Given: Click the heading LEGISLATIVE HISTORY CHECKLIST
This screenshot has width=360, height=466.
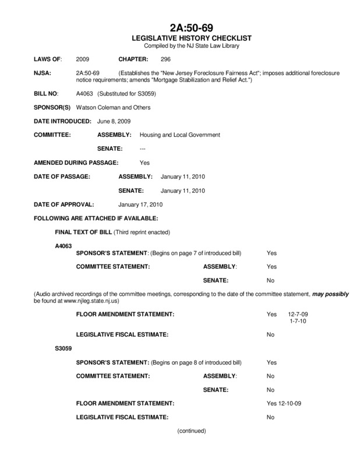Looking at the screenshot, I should pyautogui.click(x=179, y=38).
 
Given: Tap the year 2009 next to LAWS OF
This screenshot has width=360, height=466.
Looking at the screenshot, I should pyautogui.click(x=83, y=59).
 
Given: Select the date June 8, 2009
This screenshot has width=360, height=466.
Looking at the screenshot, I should pyautogui.click(x=114, y=121).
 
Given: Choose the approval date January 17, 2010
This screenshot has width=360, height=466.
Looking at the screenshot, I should pyautogui.click(x=140, y=204).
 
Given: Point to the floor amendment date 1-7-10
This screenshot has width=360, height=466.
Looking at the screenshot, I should pyautogui.click(x=298, y=322).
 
